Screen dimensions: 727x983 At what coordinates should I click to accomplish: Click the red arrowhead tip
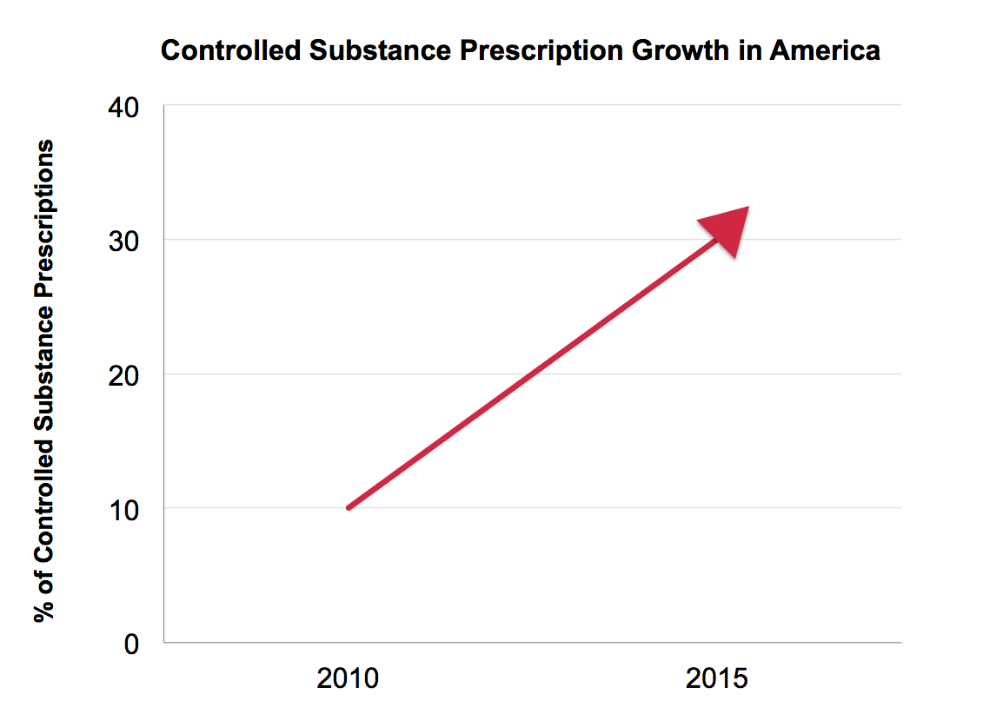click(747, 208)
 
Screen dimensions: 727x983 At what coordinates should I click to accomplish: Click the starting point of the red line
click(349, 507)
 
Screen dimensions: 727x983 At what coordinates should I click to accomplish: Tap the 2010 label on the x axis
click(348, 678)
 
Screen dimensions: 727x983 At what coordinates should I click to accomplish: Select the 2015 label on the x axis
click(717, 678)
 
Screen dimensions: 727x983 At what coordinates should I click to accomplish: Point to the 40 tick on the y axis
click(123, 108)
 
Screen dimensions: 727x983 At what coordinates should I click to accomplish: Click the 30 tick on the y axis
click(123, 241)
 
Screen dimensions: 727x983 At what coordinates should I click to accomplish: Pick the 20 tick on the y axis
click(123, 374)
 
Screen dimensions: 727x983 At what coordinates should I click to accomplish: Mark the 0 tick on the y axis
click(131, 643)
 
